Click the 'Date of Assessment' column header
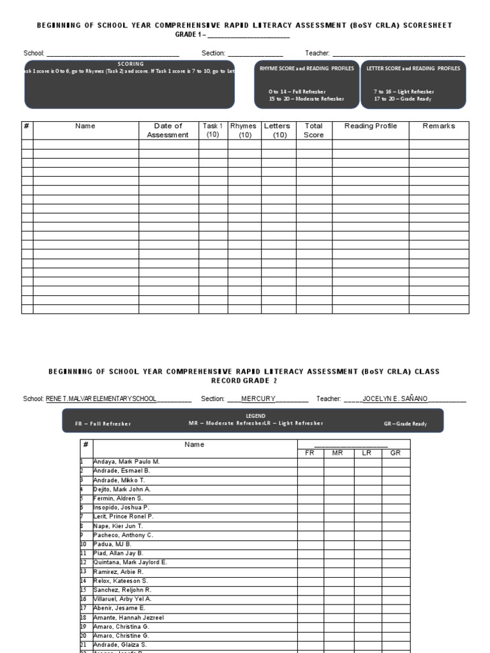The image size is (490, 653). (168, 130)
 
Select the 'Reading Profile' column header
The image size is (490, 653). (370, 126)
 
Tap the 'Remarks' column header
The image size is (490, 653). (439, 126)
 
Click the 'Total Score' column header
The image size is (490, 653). (313, 130)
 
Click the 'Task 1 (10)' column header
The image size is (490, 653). (212, 130)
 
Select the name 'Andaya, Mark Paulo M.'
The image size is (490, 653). (126, 461)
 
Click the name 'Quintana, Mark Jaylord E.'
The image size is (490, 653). (130, 562)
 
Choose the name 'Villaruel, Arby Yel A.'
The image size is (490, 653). (122, 599)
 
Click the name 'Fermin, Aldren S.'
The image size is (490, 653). (118, 498)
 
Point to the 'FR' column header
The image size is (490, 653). (310, 453)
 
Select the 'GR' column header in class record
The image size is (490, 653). (396, 453)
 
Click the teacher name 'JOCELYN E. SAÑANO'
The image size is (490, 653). (395, 399)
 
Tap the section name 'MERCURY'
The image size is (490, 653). (258, 399)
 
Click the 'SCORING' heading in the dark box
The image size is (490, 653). (130, 64)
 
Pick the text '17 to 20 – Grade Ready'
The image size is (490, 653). (404, 99)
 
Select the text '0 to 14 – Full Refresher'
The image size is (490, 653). (297, 92)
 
